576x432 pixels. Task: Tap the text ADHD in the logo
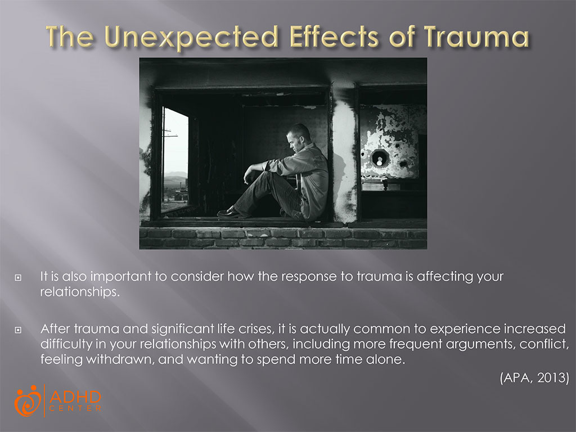pyautogui.click(x=75, y=397)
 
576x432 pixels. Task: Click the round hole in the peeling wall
pyautogui.click(x=380, y=157)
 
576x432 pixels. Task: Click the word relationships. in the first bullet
pyautogui.click(x=73, y=292)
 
